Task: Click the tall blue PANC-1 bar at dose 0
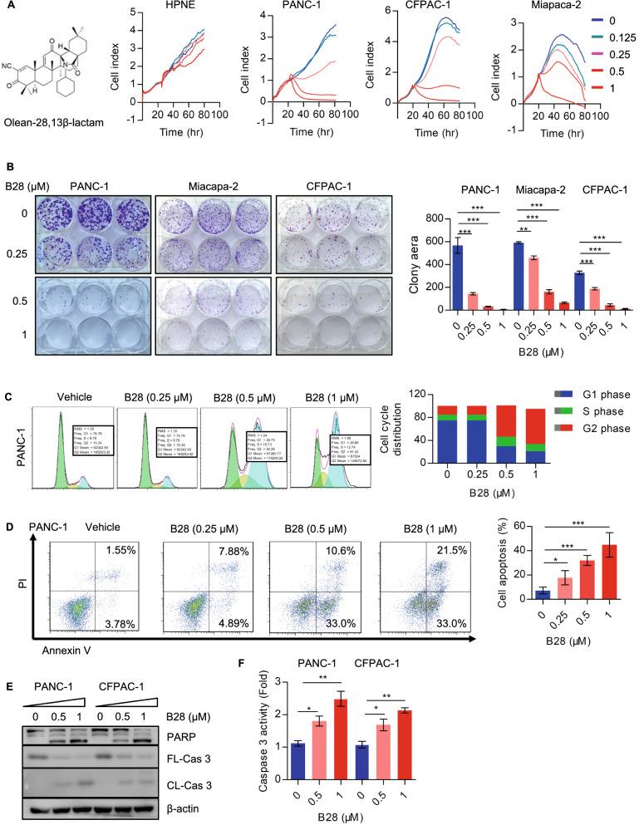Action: click(456, 277)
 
